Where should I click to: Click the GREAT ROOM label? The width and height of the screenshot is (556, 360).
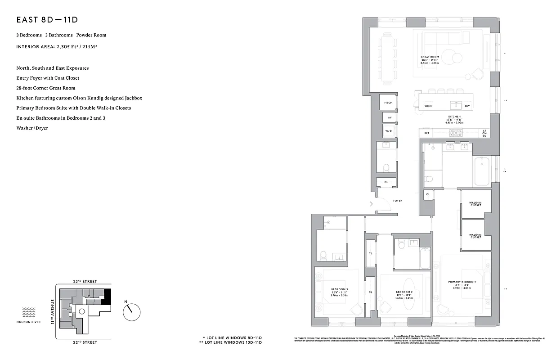430,57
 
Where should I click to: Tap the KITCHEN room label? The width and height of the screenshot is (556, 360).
454,117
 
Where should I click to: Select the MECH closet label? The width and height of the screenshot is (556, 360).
388,103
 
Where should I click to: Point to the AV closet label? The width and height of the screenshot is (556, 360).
390,118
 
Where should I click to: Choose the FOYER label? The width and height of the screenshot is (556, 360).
397,201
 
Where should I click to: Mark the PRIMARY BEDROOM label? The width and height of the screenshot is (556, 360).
462,282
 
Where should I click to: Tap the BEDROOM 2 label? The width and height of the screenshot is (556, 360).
404,291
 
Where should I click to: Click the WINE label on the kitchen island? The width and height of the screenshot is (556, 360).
428,106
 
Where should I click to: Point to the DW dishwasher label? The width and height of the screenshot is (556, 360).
467,106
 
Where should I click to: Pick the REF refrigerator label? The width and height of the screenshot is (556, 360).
426,133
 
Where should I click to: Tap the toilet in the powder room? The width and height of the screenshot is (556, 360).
386,167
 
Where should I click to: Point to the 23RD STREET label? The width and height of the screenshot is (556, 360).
85,281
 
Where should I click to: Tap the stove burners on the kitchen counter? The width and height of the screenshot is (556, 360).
456,133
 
